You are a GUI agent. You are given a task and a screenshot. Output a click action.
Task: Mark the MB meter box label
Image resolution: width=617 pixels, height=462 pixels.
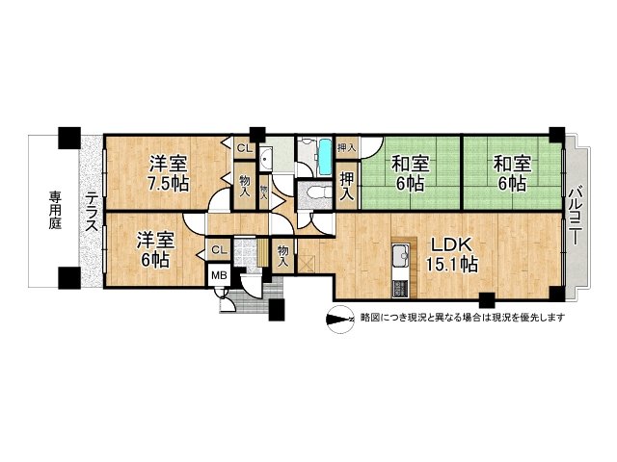(220, 276)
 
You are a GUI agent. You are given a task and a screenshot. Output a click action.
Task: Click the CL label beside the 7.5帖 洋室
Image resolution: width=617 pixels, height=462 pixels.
(245, 147)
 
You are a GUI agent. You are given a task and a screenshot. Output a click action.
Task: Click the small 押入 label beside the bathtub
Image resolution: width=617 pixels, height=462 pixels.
(347, 147)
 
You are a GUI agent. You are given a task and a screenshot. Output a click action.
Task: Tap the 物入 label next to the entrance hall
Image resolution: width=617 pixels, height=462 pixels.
(283, 253)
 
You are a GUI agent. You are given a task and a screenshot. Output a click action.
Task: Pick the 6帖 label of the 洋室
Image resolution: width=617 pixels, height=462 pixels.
(153, 260)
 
